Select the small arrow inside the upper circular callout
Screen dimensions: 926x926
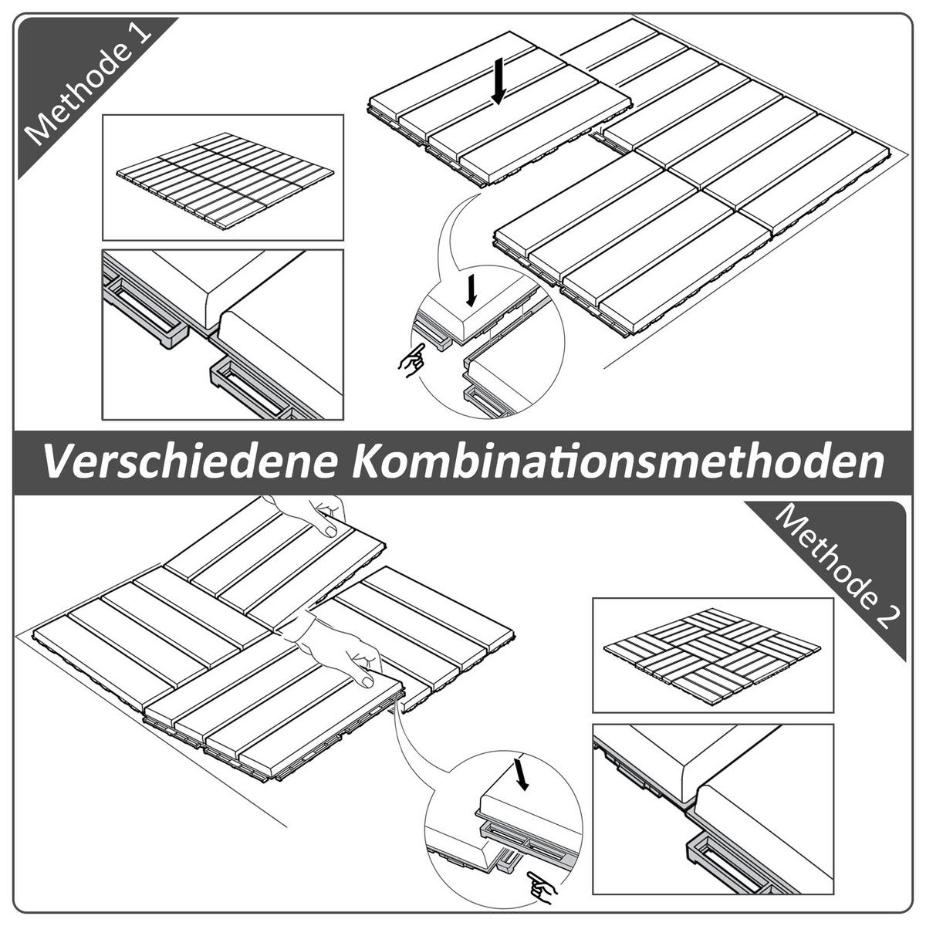click(x=471, y=290)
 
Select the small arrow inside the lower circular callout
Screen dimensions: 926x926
click(x=522, y=774)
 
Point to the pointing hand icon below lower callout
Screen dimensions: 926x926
click(x=542, y=885)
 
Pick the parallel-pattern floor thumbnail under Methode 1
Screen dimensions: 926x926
click(x=223, y=177)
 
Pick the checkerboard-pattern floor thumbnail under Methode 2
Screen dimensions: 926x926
click(x=712, y=654)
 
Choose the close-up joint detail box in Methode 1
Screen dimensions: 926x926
click(x=223, y=333)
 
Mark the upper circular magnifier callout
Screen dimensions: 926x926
click(x=488, y=342)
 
